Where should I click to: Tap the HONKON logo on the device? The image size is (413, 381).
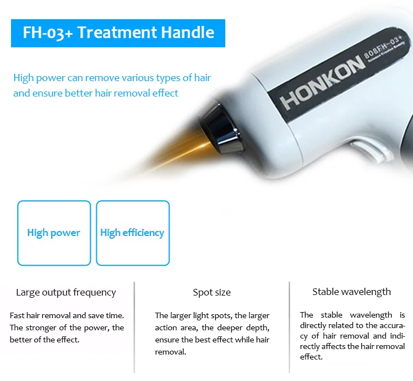coord(322,83)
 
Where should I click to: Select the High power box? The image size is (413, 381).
coord(54,233)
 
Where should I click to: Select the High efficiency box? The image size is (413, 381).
coord(132,233)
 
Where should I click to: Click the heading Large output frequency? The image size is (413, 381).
coord(66,292)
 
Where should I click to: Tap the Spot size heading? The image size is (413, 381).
coord(212,292)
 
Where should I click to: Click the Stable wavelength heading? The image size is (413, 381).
coord(351,292)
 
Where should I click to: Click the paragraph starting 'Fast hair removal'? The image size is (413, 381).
coord(67,328)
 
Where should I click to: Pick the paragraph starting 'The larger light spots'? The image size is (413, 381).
coord(212,334)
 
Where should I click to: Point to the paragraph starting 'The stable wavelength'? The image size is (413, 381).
coord(352,336)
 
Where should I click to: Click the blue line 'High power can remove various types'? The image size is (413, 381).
coord(112,78)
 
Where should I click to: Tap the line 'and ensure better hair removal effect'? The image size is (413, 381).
coord(96,93)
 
